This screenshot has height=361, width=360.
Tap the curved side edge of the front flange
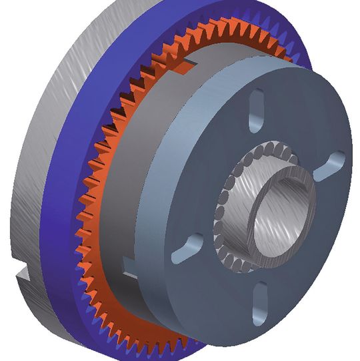[x=200, y=314]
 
